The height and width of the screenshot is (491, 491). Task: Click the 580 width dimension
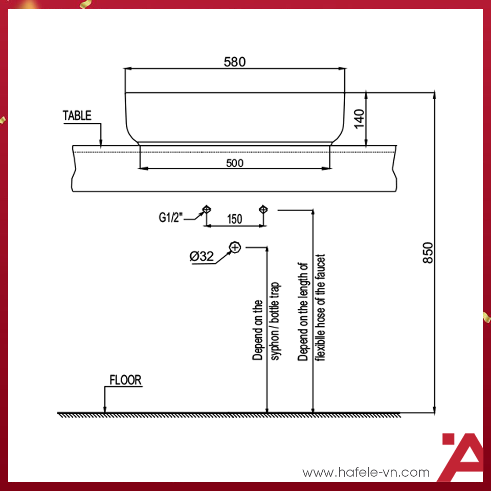[235, 62]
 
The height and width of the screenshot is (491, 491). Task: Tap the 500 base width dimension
[235, 163]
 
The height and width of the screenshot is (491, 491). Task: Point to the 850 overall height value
[429, 252]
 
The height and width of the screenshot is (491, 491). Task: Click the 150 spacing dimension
[234, 219]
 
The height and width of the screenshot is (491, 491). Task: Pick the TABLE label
[77, 116]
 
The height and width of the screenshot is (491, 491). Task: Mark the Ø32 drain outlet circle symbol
[235, 247]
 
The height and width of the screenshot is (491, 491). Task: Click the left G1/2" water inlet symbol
[206, 209]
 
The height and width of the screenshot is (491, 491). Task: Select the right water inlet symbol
[263, 209]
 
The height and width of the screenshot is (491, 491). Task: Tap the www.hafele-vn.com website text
[366, 472]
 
